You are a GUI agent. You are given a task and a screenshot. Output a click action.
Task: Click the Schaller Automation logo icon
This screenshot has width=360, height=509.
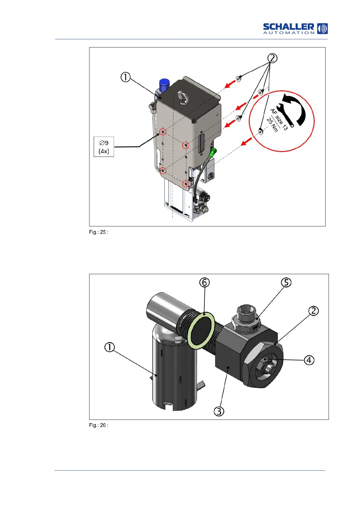(323, 29)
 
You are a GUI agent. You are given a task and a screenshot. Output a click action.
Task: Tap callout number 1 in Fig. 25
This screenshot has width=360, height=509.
(125, 77)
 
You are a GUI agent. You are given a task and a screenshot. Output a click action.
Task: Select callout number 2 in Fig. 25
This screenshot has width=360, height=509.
(272, 58)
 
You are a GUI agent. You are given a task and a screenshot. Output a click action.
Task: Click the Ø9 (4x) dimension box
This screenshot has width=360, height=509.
(104, 147)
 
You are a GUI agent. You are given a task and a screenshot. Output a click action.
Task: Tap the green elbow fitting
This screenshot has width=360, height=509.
(213, 151)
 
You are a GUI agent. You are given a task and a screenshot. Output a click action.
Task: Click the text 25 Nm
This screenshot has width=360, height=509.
(272, 125)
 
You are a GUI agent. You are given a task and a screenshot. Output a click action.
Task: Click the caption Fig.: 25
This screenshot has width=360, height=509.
(99, 232)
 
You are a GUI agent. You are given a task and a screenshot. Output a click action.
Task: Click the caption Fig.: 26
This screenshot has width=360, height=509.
(99, 425)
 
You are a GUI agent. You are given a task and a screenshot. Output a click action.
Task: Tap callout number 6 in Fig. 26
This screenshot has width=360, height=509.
(204, 283)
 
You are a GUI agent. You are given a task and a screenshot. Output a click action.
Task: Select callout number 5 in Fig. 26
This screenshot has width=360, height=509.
(286, 283)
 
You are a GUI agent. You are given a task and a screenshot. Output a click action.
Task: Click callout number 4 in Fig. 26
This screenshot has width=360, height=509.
(309, 360)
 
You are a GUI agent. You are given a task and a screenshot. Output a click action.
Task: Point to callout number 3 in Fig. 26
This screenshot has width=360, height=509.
(219, 411)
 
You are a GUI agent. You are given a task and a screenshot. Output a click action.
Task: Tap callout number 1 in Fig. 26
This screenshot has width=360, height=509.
(109, 347)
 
